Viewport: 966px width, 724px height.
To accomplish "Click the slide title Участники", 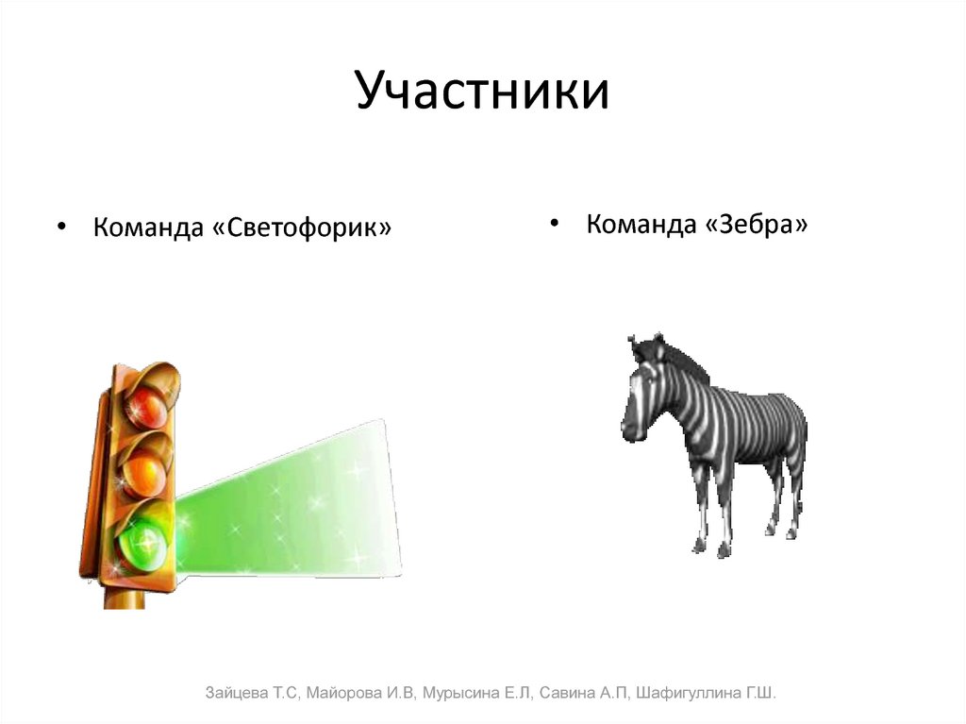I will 482,92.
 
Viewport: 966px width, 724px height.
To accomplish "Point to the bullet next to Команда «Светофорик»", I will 61,228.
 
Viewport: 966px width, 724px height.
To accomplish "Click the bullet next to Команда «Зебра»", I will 555,224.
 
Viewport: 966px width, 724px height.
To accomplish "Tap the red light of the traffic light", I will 146,408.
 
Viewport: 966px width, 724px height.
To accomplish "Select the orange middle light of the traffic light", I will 144,469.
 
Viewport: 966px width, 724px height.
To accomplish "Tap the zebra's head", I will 641,396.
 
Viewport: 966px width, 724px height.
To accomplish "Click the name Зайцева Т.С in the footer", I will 251,694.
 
